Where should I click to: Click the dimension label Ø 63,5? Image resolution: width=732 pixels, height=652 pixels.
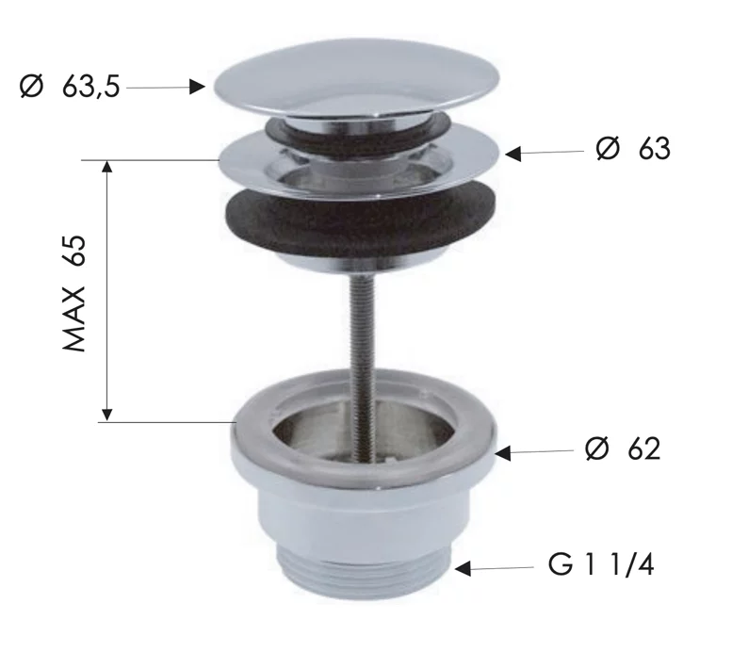(x=70, y=87)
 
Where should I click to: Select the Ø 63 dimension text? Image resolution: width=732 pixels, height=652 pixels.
(x=633, y=149)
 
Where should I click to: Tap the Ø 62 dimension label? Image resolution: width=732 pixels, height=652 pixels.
(x=623, y=448)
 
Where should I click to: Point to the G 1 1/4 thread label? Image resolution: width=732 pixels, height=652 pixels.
(x=601, y=564)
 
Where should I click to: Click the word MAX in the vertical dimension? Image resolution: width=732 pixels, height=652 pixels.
(x=74, y=319)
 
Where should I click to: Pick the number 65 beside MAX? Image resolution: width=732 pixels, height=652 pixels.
(x=74, y=251)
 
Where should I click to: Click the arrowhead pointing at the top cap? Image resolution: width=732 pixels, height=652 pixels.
(x=197, y=87)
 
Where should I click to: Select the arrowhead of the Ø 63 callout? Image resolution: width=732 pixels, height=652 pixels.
(x=513, y=154)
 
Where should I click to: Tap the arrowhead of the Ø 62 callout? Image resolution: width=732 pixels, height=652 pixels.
(x=502, y=453)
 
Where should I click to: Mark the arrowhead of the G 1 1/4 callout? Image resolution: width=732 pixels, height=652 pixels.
(x=463, y=568)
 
